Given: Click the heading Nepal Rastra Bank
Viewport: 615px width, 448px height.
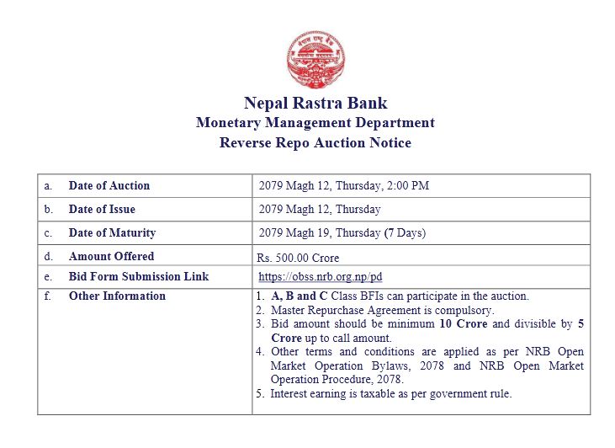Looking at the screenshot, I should (x=315, y=103).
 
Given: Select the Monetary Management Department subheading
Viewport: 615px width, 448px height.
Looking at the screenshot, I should (x=315, y=123).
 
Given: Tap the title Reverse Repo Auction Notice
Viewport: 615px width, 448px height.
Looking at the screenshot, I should (x=315, y=143).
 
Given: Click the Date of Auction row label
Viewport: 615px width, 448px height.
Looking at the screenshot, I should (x=109, y=185).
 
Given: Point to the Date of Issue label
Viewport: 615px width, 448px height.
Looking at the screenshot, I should (x=102, y=209).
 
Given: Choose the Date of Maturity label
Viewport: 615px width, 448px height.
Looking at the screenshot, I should (x=112, y=232).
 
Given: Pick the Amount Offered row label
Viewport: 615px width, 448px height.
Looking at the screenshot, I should (x=111, y=256).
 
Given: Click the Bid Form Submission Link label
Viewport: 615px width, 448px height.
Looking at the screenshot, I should (x=139, y=276).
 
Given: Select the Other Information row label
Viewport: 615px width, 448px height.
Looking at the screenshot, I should (x=117, y=296).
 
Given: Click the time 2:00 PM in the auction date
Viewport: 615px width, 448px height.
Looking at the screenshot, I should (x=409, y=185).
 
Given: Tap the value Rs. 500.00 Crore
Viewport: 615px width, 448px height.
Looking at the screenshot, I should (x=298, y=258).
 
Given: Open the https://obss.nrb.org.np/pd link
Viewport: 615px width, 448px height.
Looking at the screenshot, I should (x=321, y=277).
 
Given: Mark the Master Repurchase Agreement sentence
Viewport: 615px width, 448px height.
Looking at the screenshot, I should (x=382, y=310).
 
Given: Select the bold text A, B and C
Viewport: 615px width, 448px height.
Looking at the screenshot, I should (x=294, y=296).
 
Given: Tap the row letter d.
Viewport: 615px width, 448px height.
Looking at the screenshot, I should (x=49, y=256).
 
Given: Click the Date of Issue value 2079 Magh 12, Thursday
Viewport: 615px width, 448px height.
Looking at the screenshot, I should (x=320, y=209).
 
